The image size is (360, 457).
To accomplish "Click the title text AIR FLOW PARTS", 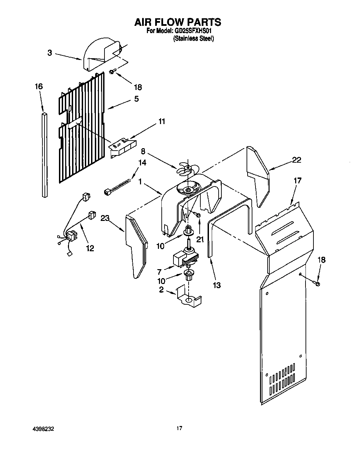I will click(178, 22).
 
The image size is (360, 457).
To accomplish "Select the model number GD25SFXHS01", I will click(194, 31).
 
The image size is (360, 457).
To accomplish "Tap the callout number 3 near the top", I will click(50, 53).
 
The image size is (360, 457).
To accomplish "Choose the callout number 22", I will click(296, 160).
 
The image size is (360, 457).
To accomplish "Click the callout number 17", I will click(297, 180).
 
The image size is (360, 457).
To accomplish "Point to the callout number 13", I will click(217, 285).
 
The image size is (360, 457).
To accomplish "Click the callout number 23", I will click(105, 218).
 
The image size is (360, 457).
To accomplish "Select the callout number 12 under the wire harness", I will click(90, 248).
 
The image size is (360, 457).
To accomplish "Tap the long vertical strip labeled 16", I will click(44, 155).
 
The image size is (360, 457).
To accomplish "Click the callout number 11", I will click(162, 121).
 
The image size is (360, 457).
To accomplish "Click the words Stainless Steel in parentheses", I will click(193, 39).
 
